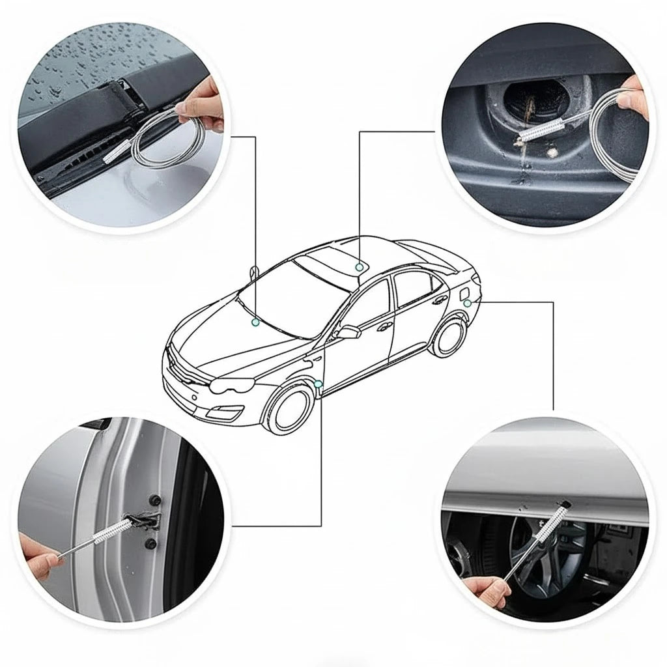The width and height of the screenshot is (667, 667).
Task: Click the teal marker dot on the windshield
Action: coord(255,322)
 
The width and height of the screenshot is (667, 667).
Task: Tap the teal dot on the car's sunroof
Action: coord(359,267)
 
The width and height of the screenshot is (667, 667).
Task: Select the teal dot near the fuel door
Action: coord(467,304)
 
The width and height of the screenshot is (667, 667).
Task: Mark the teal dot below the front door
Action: coord(317,384)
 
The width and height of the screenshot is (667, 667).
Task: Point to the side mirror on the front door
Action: coord(348,332)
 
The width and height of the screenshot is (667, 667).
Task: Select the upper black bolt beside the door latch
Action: coord(156,500)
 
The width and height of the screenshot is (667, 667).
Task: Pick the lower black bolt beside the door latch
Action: coord(151,543)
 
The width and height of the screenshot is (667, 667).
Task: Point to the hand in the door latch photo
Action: coord(40,554)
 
